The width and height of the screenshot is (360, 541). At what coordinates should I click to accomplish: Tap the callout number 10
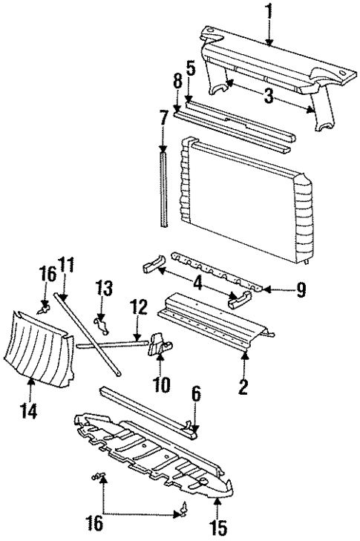pyautogui.click(x=162, y=384)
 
